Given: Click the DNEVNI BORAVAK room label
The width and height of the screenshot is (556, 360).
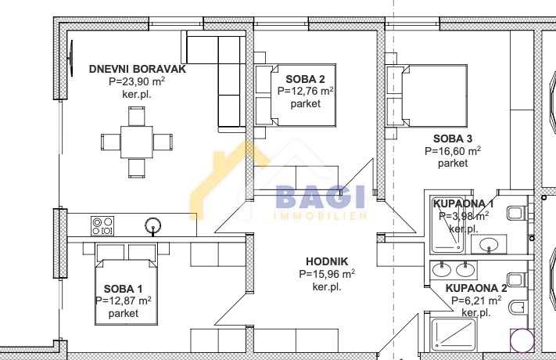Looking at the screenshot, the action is pos(137,69).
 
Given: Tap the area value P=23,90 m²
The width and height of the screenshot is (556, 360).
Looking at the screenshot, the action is pos(137,81).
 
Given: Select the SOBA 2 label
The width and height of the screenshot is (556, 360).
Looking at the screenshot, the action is pos(305,79).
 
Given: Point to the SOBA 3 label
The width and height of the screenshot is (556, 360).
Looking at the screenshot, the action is pos(453,139).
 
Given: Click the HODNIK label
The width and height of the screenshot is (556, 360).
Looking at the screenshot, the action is pos(327,261).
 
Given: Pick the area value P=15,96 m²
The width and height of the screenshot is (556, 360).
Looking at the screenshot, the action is pos(327,274).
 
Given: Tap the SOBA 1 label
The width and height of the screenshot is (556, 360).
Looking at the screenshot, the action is pos(124,289).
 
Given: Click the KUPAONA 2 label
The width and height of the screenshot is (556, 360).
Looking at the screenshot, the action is pos(476,288).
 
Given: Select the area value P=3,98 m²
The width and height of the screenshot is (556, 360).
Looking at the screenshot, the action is pos(464,216).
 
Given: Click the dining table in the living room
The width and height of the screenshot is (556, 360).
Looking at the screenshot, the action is pos(137,142).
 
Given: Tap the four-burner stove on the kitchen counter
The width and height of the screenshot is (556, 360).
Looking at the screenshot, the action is pos(102,226).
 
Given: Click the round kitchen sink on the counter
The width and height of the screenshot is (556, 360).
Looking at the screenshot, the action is pos(152,225).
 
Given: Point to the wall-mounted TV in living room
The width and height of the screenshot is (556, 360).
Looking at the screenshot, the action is pos(71,58).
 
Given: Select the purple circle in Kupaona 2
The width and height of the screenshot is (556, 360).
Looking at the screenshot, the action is pos(522,340).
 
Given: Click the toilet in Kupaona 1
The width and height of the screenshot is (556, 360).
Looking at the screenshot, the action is pos(517,214).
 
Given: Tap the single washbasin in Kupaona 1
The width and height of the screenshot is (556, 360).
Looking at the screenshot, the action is pos(489,244).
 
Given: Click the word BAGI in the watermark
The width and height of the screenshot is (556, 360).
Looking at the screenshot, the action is pos(320,196).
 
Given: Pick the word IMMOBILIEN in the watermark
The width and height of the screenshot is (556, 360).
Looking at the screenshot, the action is pos(320,216).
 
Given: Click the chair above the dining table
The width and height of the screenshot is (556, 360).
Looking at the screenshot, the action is pos(137,116).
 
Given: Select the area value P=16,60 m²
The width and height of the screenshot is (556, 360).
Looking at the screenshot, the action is pos(453,151).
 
